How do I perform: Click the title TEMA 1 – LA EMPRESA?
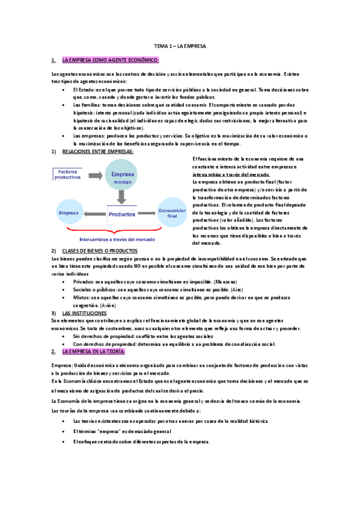tap(180, 46)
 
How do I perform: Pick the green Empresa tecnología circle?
tap(123, 176)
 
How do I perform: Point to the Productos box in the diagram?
tap(122, 212)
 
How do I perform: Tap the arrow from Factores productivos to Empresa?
tap(94, 176)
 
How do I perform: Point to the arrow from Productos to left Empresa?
tap(94, 213)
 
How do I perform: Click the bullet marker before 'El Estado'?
tap(65, 89)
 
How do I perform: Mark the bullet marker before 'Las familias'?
tap(65, 104)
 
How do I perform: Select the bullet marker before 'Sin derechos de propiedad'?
tap(65, 336)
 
